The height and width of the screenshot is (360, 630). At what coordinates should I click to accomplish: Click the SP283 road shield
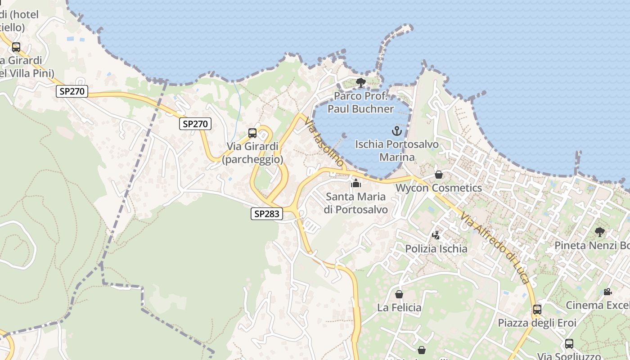(x=267, y=214)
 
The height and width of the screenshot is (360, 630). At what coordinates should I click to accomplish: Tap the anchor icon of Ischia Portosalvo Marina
(x=396, y=131)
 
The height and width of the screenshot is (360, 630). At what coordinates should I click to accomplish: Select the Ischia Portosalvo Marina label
(x=396, y=151)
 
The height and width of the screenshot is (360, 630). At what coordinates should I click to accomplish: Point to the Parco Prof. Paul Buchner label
(x=360, y=103)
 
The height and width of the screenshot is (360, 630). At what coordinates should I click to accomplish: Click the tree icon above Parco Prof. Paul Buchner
(x=360, y=82)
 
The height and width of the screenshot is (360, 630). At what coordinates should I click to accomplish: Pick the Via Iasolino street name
(x=324, y=141)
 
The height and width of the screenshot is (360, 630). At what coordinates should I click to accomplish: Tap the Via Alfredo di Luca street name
(x=495, y=247)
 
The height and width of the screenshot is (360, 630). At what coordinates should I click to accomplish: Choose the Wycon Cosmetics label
(x=439, y=188)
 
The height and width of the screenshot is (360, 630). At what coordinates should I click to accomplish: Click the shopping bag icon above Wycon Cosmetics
(x=439, y=175)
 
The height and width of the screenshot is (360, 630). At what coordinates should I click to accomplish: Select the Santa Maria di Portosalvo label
(x=355, y=203)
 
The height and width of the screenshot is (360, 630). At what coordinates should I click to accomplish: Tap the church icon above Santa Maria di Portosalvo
(x=356, y=183)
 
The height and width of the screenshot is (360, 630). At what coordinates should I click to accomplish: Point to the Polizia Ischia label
(x=436, y=249)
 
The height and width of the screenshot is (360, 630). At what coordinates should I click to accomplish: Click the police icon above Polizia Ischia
(x=436, y=235)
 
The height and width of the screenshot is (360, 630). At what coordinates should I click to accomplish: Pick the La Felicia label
(x=399, y=308)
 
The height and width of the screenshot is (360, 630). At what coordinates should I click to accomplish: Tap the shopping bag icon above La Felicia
(x=399, y=294)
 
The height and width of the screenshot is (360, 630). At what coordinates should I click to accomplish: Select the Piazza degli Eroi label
(x=537, y=323)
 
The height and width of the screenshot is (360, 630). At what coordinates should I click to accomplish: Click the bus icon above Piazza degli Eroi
(x=537, y=310)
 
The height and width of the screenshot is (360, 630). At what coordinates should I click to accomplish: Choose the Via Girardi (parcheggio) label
(x=252, y=153)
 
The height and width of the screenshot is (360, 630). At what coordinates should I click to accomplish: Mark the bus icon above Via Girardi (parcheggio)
(x=252, y=133)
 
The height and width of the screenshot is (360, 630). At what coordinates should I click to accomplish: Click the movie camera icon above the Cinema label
(x=607, y=292)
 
